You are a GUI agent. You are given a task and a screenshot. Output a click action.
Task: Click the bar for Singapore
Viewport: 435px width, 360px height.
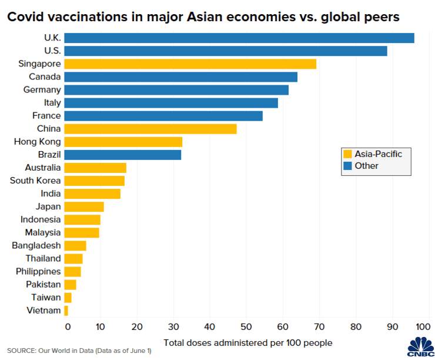click(190, 64)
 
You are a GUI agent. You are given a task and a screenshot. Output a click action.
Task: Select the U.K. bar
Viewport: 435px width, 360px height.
click(239, 38)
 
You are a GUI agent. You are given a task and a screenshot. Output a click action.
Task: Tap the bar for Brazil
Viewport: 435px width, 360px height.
click(123, 155)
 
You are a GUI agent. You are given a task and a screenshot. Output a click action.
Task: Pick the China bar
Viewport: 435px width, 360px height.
click(150, 129)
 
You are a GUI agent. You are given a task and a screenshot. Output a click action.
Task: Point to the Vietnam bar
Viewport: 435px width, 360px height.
click(66, 311)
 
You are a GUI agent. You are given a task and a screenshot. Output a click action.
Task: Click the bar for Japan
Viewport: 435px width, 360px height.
click(84, 207)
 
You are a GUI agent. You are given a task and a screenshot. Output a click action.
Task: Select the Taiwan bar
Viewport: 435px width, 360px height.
click(68, 298)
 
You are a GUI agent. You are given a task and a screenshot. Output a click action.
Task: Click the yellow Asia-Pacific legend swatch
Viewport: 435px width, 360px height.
click(347, 154)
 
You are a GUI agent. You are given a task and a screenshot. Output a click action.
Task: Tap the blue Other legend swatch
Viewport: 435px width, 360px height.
click(347, 166)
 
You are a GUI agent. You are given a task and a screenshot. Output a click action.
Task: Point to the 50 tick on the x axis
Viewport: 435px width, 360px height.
click(246, 326)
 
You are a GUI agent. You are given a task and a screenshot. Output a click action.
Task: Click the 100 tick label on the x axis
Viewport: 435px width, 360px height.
click(423, 326)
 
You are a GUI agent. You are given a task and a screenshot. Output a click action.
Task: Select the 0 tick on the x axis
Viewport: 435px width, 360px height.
click(68, 326)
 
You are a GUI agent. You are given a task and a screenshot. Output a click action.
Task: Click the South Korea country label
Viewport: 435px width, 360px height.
click(35, 181)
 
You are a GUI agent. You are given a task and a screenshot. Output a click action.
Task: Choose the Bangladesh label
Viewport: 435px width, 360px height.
click(36, 246)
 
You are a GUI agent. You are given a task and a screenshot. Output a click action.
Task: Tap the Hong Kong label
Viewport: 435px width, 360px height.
click(38, 142)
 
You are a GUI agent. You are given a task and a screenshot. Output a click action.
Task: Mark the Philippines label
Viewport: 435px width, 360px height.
click(38, 271)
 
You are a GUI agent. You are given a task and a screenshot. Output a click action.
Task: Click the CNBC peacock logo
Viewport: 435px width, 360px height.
click(421, 346)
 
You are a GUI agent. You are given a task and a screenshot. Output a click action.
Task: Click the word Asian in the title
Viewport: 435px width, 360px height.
click(204, 17)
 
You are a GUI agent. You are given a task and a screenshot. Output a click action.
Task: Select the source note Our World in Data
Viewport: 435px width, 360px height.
click(66, 351)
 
